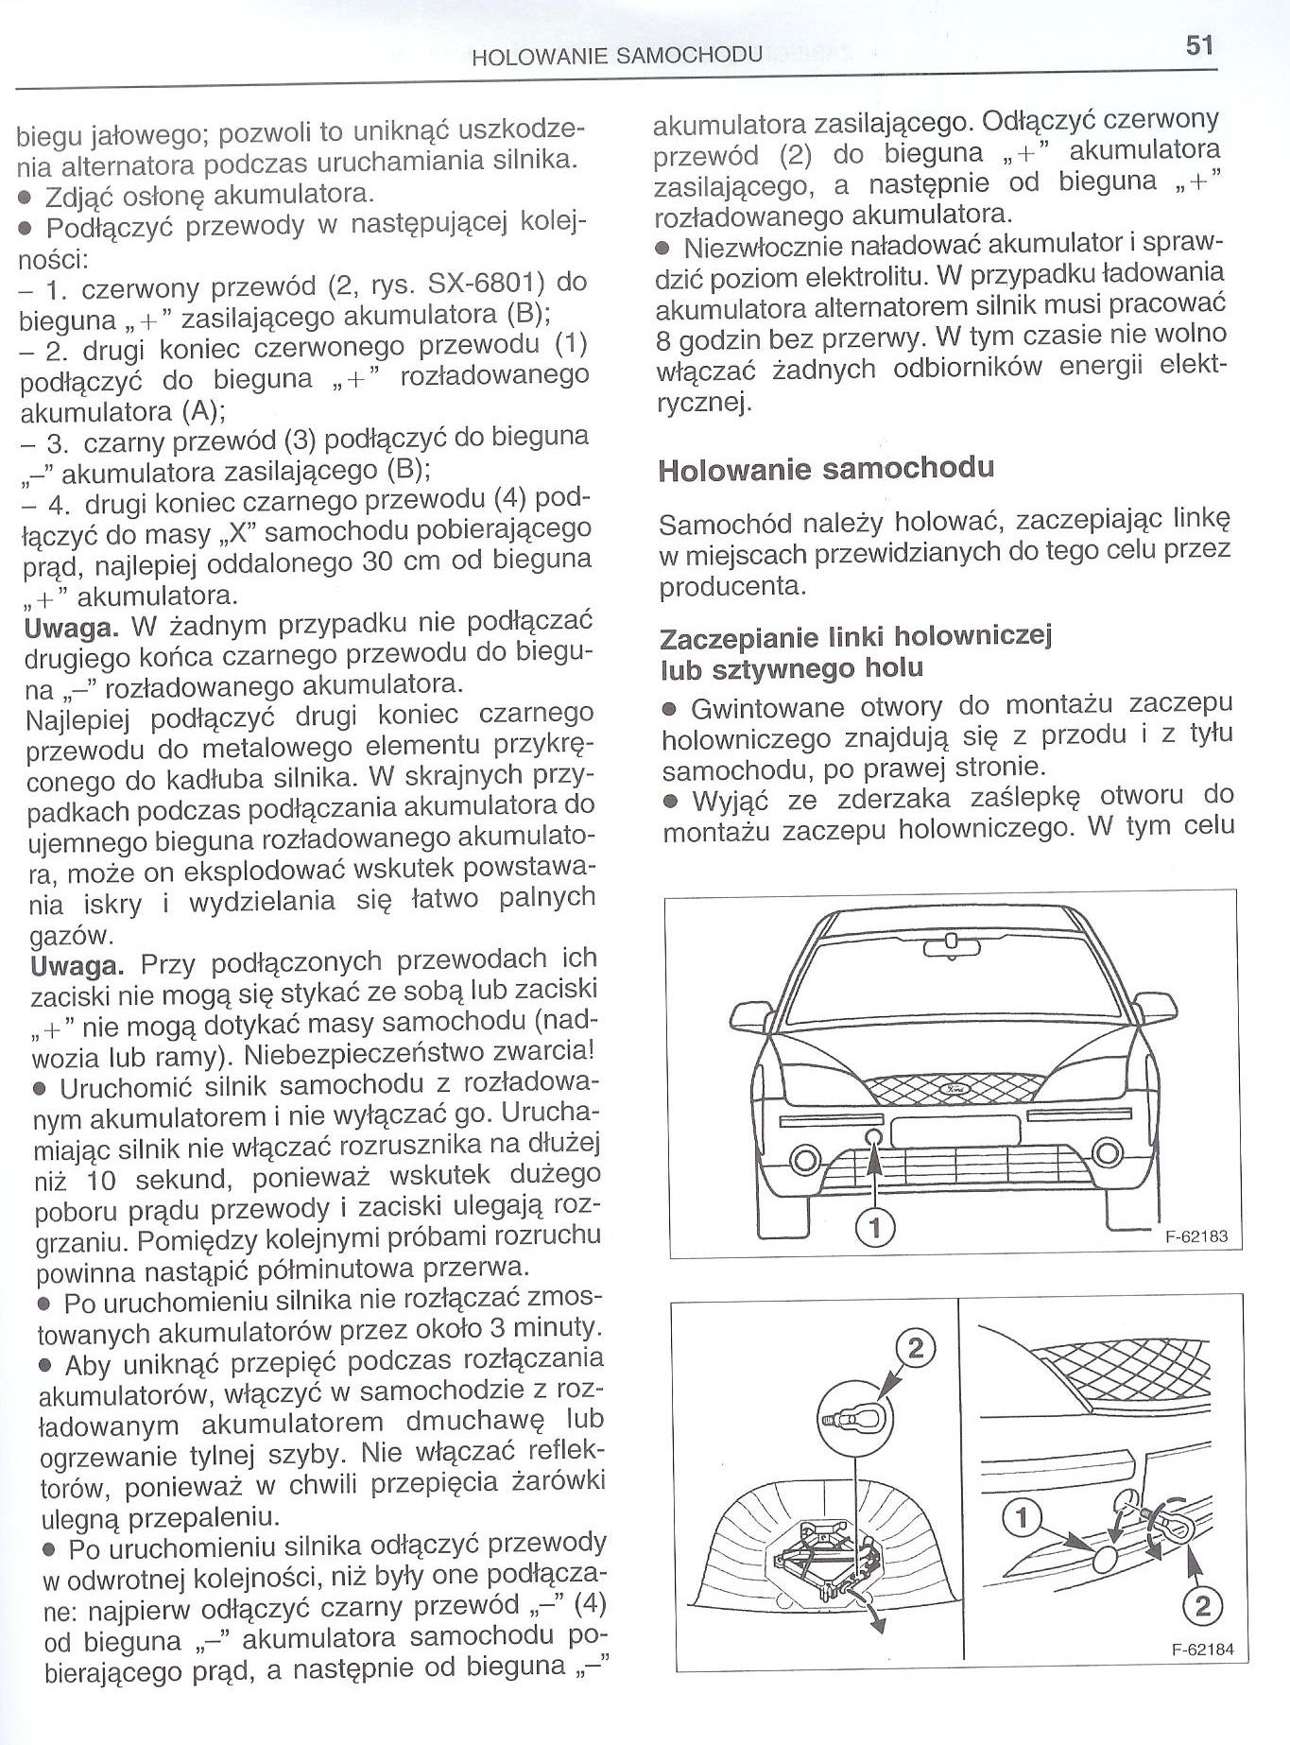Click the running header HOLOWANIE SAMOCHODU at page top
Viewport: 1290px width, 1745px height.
click(616, 56)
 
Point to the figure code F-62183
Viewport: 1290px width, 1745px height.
click(1196, 1235)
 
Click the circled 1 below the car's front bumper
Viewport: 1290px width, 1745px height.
click(874, 1227)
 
